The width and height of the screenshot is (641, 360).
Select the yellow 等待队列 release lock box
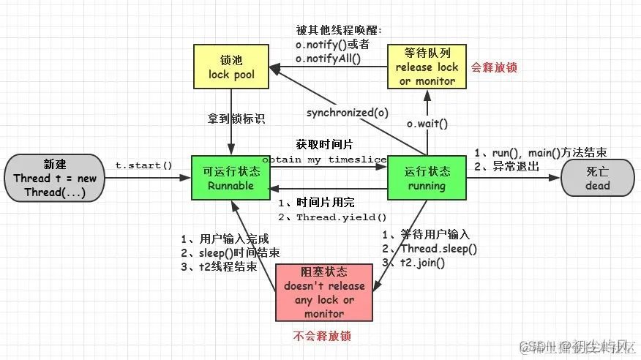click(427, 67)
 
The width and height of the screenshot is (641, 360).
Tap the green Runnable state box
click(231, 179)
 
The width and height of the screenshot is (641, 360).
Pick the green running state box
click(427, 179)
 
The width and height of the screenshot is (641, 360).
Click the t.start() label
click(143, 165)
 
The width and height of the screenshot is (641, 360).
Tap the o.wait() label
click(427, 124)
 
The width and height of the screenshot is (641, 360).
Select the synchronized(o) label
click(347, 113)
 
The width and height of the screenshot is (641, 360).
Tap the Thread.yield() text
click(341, 217)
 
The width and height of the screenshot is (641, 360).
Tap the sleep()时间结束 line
click(228, 253)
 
